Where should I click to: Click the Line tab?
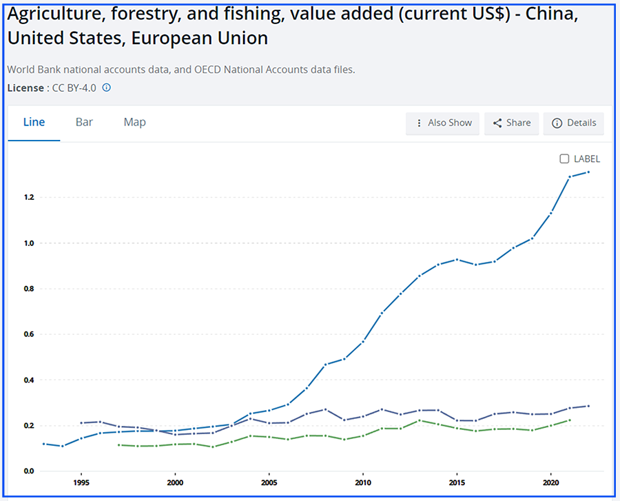[x=34, y=123]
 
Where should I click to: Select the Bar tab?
[x=84, y=123]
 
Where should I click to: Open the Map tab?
[x=134, y=123]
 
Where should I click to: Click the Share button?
[x=511, y=123]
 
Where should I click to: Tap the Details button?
[x=573, y=123]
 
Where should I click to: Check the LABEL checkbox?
[x=564, y=159]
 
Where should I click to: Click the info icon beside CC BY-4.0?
[x=107, y=88]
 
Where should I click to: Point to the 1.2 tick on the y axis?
[x=28, y=198]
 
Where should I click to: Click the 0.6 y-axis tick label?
[x=28, y=335]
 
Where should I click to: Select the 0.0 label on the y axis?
[x=28, y=471]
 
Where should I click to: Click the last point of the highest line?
[x=588, y=172]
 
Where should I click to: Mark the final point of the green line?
[x=570, y=420]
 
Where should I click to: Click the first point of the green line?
[x=119, y=445]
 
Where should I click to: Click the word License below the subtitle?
[x=25, y=88]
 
